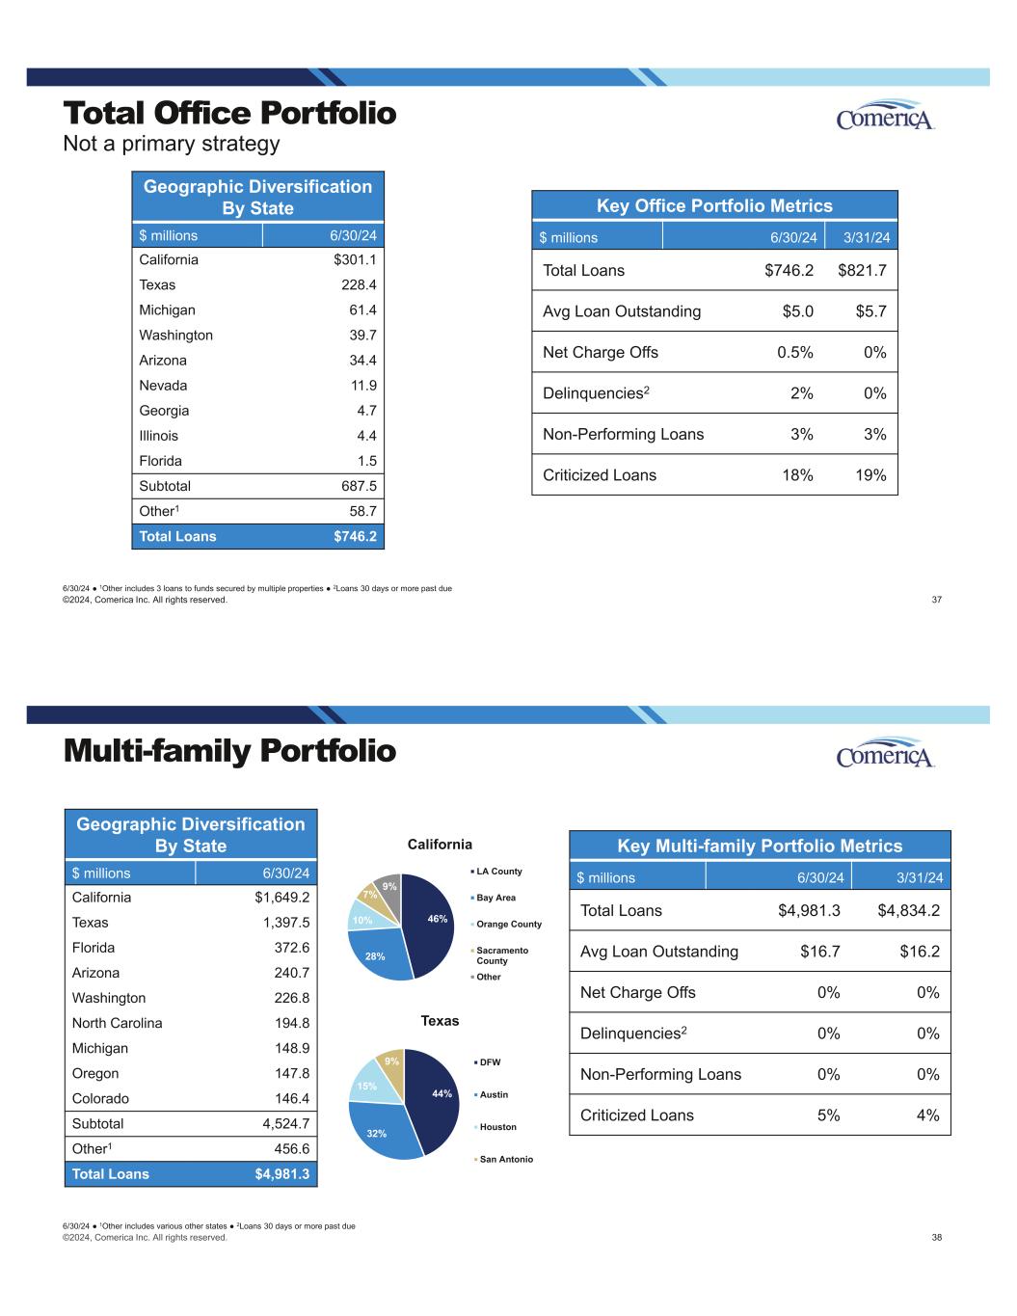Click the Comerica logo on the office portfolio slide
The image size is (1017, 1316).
(x=885, y=116)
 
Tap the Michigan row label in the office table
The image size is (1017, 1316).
(x=167, y=309)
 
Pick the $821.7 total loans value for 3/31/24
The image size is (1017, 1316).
(x=862, y=270)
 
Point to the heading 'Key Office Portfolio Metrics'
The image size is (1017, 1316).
(x=714, y=205)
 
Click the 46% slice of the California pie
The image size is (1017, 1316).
(x=430, y=921)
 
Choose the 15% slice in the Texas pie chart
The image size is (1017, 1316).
(x=368, y=1084)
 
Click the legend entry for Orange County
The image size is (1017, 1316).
(x=508, y=924)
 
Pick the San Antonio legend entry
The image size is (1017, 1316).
(x=505, y=1159)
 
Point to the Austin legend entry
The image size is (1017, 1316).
(x=493, y=1094)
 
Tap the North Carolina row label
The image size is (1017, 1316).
(x=117, y=1023)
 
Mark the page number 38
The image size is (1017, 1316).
(x=937, y=1237)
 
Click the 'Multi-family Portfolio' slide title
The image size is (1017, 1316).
(x=229, y=751)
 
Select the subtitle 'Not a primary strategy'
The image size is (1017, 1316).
(x=171, y=144)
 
